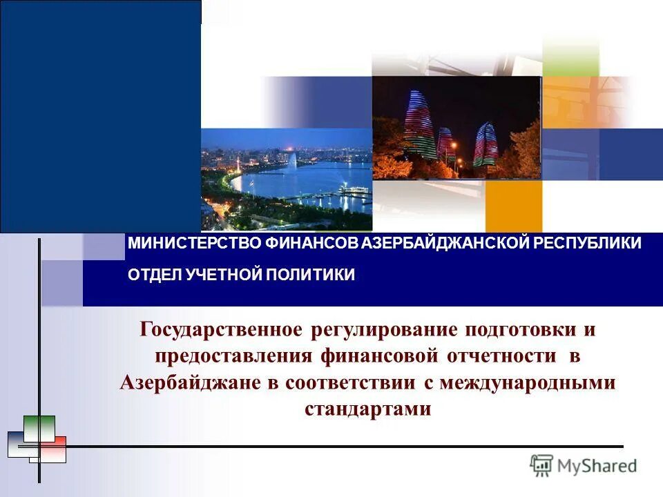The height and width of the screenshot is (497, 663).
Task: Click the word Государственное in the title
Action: tap(222, 329)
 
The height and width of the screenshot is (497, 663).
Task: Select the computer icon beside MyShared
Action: tap(541, 466)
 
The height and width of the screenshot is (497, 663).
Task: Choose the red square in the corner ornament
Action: tap(54, 449)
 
